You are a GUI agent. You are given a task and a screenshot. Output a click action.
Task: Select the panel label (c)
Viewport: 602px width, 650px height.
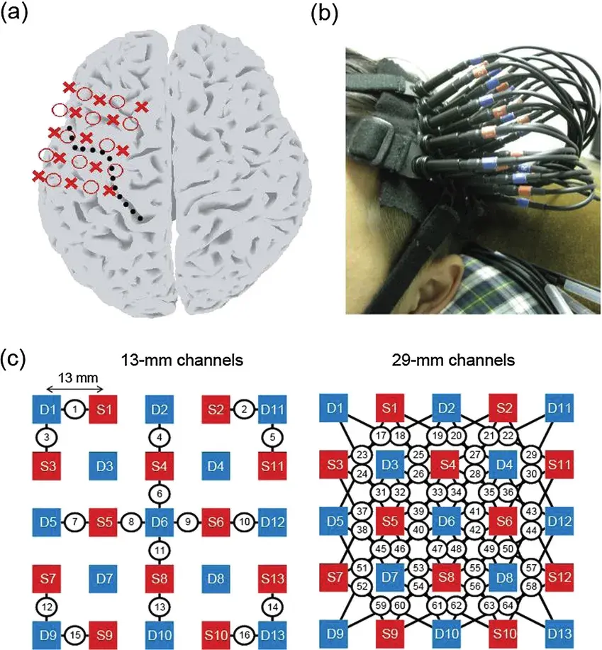point(16,358)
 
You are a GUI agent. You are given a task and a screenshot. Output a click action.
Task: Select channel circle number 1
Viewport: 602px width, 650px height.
point(74,409)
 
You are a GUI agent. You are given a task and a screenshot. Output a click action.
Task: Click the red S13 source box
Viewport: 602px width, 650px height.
point(272,578)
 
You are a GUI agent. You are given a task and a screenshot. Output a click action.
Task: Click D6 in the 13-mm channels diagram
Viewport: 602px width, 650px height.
point(160,522)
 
